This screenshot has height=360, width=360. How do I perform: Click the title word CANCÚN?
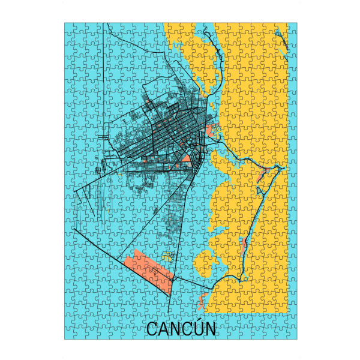tap(181, 329)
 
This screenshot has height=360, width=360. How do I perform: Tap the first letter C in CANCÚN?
tap(152, 330)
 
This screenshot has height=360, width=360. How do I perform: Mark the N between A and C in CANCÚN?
tap(175, 330)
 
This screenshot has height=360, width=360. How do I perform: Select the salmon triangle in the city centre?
tap(186, 159)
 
